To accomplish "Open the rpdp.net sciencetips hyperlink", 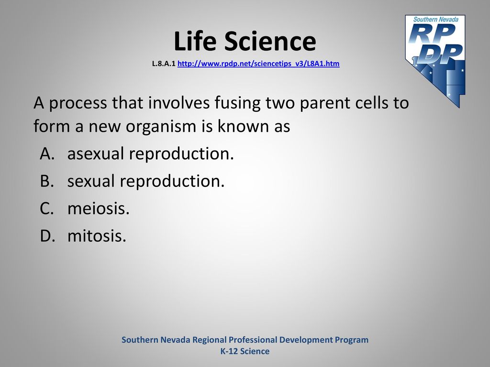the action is tap(258, 64).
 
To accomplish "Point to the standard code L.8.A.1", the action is tap(164, 64).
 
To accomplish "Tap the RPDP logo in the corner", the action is tap(435, 61).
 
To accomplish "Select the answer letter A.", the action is tap(47, 153).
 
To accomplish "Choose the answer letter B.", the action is tap(47, 181).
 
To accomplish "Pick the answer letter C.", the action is tap(47, 208).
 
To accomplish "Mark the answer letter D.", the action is tap(47, 236).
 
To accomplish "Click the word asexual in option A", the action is tap(96, 153).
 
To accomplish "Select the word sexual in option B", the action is tap(91, 181).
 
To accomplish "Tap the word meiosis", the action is tap(99, 208).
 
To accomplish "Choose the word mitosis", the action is tap(97, 236).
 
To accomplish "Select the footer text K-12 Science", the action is tap(245, 351).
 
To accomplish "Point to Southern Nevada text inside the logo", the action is tap(436, 19).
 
